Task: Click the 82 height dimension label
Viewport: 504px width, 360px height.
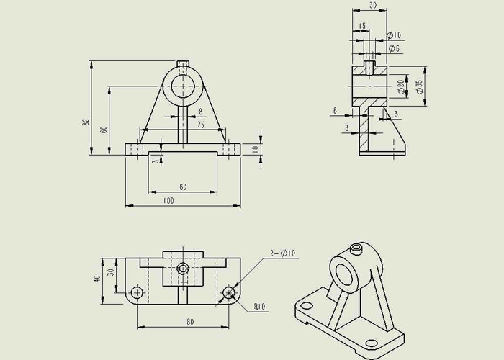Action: [x=86, y=122]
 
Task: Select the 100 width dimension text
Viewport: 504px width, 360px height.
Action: [x=168, y=201]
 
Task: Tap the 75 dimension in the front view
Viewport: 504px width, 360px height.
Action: [x=201, y=125]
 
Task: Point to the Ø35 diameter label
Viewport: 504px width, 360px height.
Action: [x=420, y=86]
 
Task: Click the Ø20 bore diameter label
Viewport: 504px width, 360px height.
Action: [x=402, y=87]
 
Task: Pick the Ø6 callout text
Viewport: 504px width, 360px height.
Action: [x=394, y=48]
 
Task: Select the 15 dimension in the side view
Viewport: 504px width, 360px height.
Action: [x=362, y=26]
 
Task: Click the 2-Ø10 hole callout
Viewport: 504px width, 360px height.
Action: [x=282, y=253]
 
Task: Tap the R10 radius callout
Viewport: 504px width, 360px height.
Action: [x=260, y=306]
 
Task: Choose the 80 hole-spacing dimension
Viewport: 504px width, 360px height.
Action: [x=190, y=322]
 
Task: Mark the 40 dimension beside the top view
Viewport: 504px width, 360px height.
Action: [x=97, y=279]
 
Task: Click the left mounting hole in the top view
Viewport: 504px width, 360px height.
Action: [x=137, y=292]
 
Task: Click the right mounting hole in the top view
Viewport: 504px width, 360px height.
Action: [x=229, y=292]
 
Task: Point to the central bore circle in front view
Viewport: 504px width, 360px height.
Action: [x=183, y=86]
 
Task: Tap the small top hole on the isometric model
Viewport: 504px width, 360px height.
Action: [x=356, y=248]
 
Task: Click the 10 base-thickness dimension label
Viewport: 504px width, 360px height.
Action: [x=255, y=149]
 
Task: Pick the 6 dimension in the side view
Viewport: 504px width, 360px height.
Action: [x=335, y=111]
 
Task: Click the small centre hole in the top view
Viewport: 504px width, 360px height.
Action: [x=183, y=269]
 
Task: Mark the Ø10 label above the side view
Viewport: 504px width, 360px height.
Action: [x=394, y=35]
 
